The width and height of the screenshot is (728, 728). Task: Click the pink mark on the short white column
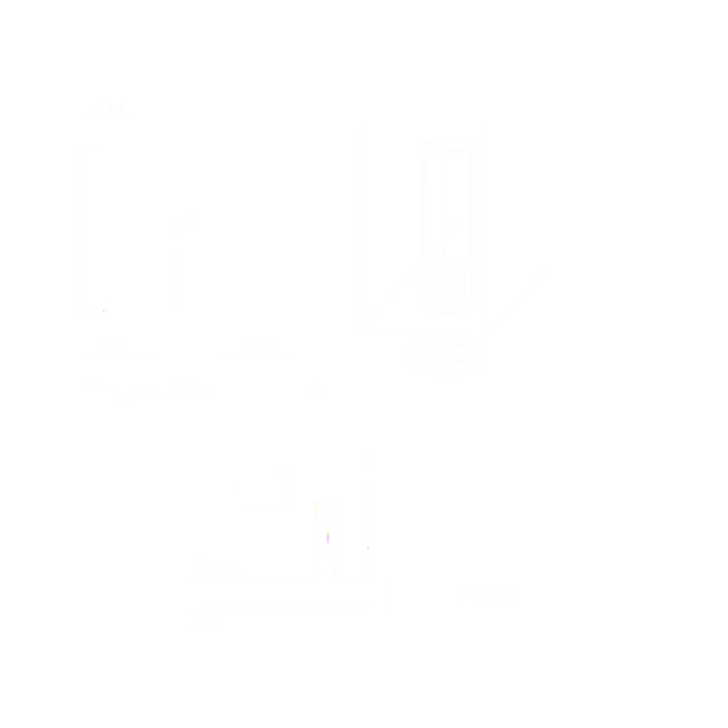pos(329,539)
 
